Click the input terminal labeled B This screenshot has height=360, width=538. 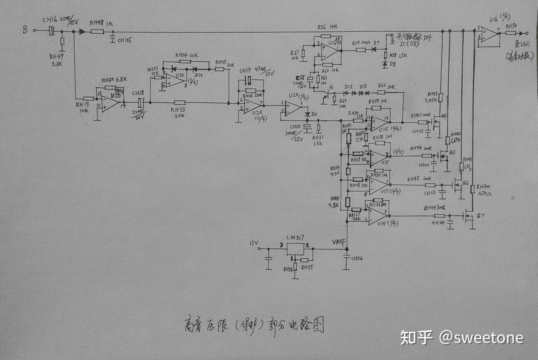[x=25, y=30]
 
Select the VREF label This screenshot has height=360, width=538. [x=339, y=242]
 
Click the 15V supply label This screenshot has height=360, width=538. [x=254, y=243]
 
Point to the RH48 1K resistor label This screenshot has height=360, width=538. [x=101, y=23]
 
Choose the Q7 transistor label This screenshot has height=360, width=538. [x=480, y=216]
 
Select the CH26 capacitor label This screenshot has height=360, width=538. [x=357, y=258]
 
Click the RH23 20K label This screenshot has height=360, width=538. [x=178, y=113]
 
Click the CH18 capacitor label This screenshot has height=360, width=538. [x=137, y=93]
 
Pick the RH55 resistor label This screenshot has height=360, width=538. [x=307, y=268]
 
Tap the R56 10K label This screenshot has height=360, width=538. [x=327, y=27]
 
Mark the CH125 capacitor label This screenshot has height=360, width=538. [x=124, y=40]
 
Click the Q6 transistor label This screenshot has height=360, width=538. [x=465, y=183]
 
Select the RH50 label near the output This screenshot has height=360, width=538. [x=511, y=26]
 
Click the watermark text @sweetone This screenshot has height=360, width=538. [x=482, y=338]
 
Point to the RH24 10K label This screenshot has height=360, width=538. [x=187, y=55]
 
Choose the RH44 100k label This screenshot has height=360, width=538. [x=435, y=208]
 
